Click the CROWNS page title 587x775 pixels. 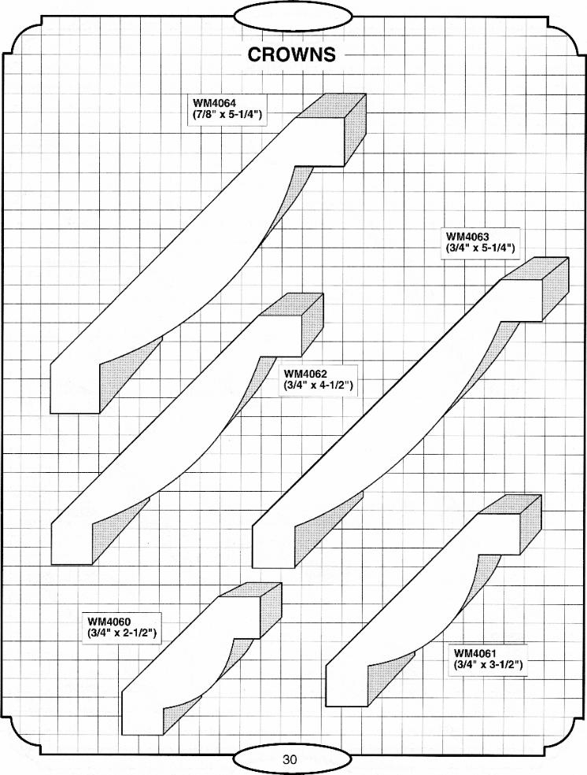click(292, 55)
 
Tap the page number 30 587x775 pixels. click(290, 760)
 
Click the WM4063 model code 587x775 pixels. click(467, 236)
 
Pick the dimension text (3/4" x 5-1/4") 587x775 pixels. click(480, 248)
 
